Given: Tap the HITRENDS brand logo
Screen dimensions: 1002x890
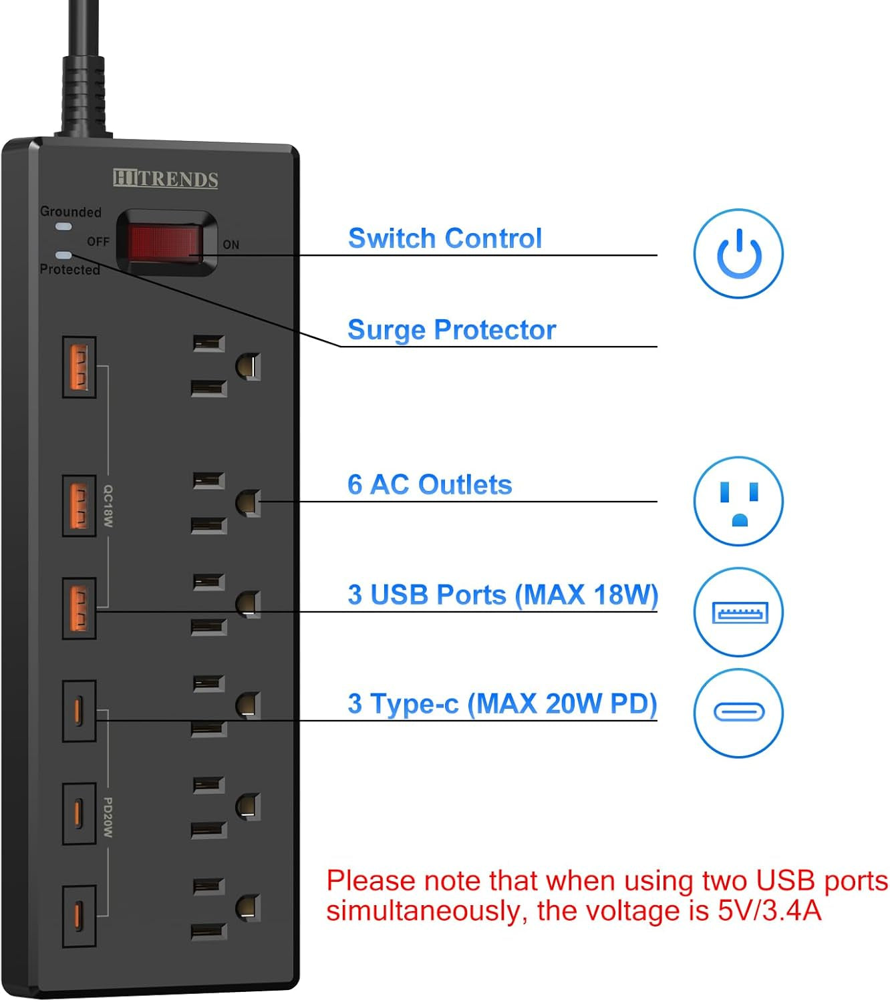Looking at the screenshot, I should tap(166, 179).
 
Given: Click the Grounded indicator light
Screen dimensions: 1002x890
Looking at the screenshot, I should tap(63, 227).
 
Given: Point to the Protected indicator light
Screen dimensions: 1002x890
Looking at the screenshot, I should tap(64, 255).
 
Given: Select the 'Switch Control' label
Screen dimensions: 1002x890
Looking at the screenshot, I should tap(444, 238).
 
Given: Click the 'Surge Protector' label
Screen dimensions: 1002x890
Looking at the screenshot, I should tap(452, 330).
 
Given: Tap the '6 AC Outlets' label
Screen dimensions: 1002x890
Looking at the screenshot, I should tap(430, 485).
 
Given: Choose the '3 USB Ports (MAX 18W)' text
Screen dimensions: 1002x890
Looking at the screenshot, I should tap(502, 595).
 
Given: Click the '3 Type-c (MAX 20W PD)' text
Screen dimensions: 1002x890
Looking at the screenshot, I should tap(502, 703).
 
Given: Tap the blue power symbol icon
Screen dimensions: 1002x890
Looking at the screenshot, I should tap(738, 254).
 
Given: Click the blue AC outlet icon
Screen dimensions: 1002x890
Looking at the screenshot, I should tap(738, 501).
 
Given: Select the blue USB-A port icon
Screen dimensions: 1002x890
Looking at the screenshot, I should tap(738, 612).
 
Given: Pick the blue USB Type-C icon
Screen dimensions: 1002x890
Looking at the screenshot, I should tap(738, 712).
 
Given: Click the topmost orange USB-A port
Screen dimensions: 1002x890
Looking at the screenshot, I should tap(79, 367).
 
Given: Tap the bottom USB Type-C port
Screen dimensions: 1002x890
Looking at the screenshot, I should tap(79, 916).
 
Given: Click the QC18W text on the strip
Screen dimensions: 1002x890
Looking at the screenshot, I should tap(108, 506).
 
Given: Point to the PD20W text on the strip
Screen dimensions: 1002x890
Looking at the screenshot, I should tap(108, 818).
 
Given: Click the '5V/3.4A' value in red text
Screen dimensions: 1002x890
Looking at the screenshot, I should tap(769, 910).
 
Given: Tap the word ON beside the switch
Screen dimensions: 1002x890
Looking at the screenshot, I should tap(231, 245).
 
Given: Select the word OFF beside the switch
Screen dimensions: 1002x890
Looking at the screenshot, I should tap(98, 241).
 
